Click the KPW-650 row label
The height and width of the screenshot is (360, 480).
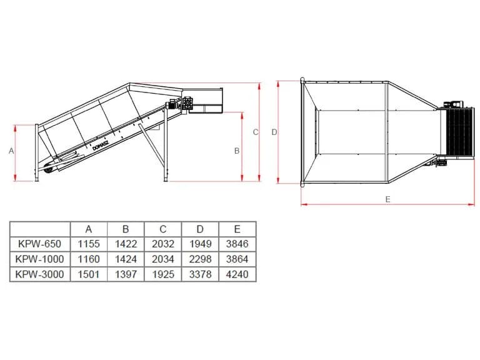click(x=40, y=244)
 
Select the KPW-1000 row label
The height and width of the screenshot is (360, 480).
click(x=40, y=259)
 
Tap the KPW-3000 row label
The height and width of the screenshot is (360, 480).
click(x=40, y=274)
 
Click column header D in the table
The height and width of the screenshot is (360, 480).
click(x=200, y=229)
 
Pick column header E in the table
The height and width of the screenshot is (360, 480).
click(x=237, y=229)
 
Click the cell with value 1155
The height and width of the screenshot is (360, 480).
click(x=89, y=244)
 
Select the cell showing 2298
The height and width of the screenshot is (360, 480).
click(x=200, y=259)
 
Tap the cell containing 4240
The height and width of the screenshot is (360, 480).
click(x=237, y=274)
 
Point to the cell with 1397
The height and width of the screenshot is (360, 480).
click(x=126, y=274)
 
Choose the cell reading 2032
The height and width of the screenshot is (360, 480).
click(x=163, y=244)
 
